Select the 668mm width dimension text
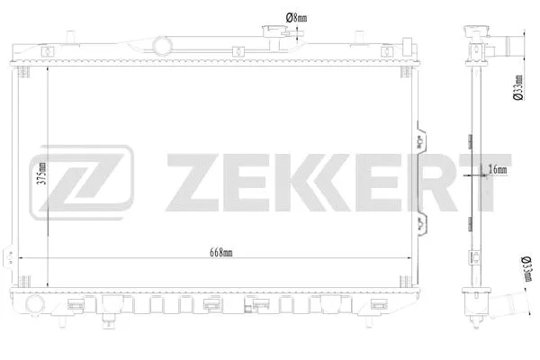(216, 253)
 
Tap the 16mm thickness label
(496, 168)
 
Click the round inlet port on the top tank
(162, 43)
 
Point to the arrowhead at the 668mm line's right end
(409, 259)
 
